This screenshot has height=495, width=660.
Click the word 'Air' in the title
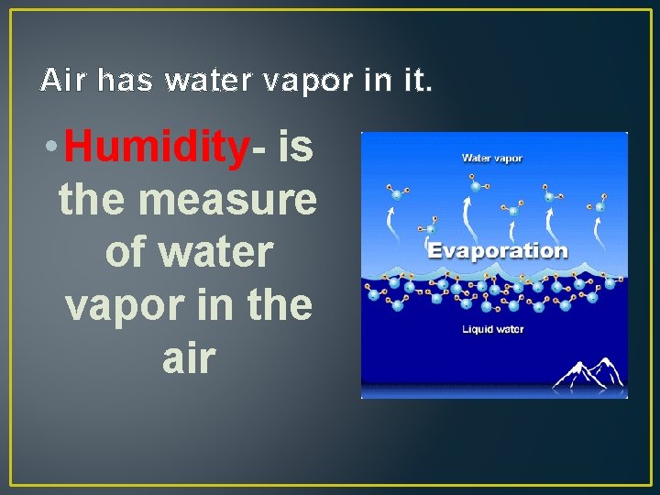coord(62,81)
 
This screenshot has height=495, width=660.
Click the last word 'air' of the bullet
coord(188,357)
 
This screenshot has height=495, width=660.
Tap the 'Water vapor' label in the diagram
coord(492,158)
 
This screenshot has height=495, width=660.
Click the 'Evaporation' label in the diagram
coord(498,250)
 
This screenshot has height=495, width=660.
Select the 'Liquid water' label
coord(493,328)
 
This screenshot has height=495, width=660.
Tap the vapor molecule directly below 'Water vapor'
coord(475,187)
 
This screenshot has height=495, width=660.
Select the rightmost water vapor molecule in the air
coord(602,203)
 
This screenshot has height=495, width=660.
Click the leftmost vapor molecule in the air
coord(396,192)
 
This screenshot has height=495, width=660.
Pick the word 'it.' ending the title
coord(413,81)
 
